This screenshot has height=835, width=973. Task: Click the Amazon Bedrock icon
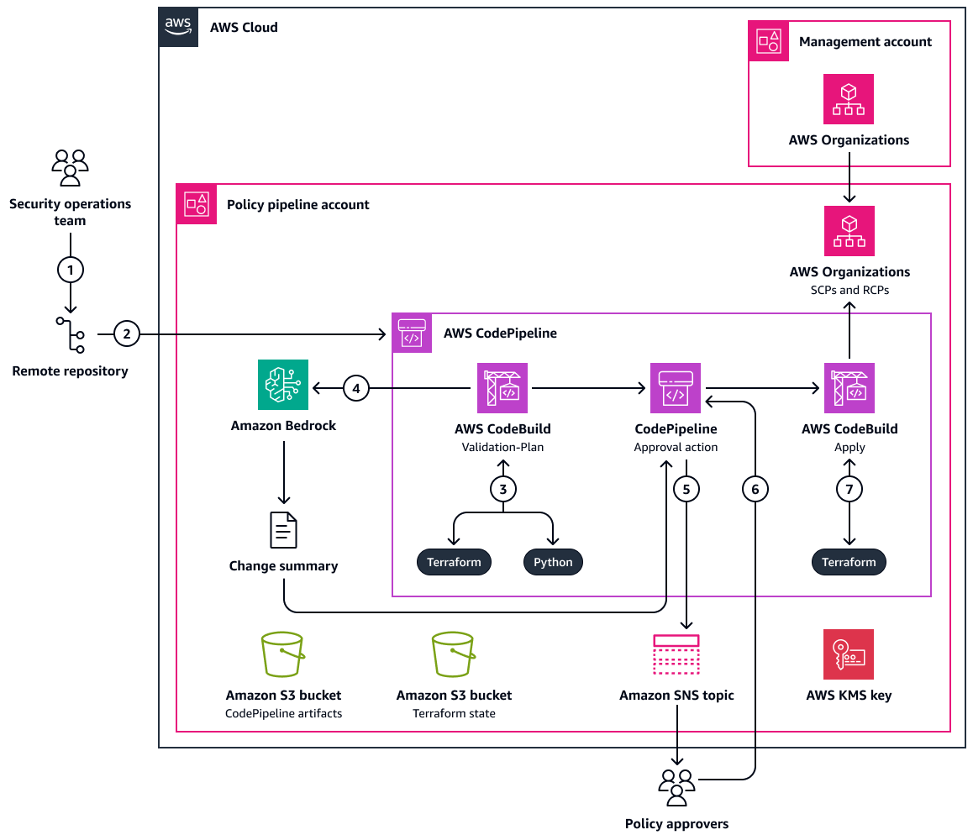pyautogui.click(x=283, y=386)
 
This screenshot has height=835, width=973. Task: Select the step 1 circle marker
pyautogui.click(x=71, y=270)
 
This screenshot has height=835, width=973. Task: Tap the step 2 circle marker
pyautogui.click(x=126, y=334)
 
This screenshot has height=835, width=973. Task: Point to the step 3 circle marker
pyautogui.click(x=502, y=488)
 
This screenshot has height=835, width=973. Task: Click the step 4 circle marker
pyautogui.click(x=356, y=388)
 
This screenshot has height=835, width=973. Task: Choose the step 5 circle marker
pyautogui.click(x=686, y=488)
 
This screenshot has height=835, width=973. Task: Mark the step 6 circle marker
pyautogui.click(x=755, y=488)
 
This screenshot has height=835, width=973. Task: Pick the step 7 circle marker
pyautogui.click(x=849, y=488)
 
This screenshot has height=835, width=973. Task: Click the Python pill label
pyautogui.click(x=553, y=562)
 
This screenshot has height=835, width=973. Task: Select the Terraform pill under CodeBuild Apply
pyautogui.click(x=849, y=562)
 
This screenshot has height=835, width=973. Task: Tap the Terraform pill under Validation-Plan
pyautogui.click(x=454, y=562)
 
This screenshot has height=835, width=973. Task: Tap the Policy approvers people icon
pyautogui.click(x=676, y=786)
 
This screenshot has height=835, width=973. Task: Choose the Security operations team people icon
pyautogui.click(x=71, y=167)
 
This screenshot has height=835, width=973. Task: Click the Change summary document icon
pyautogui.click(x=283, y=530)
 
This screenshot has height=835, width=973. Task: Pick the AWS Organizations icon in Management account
pyautogui.click(x=849, y=99)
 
